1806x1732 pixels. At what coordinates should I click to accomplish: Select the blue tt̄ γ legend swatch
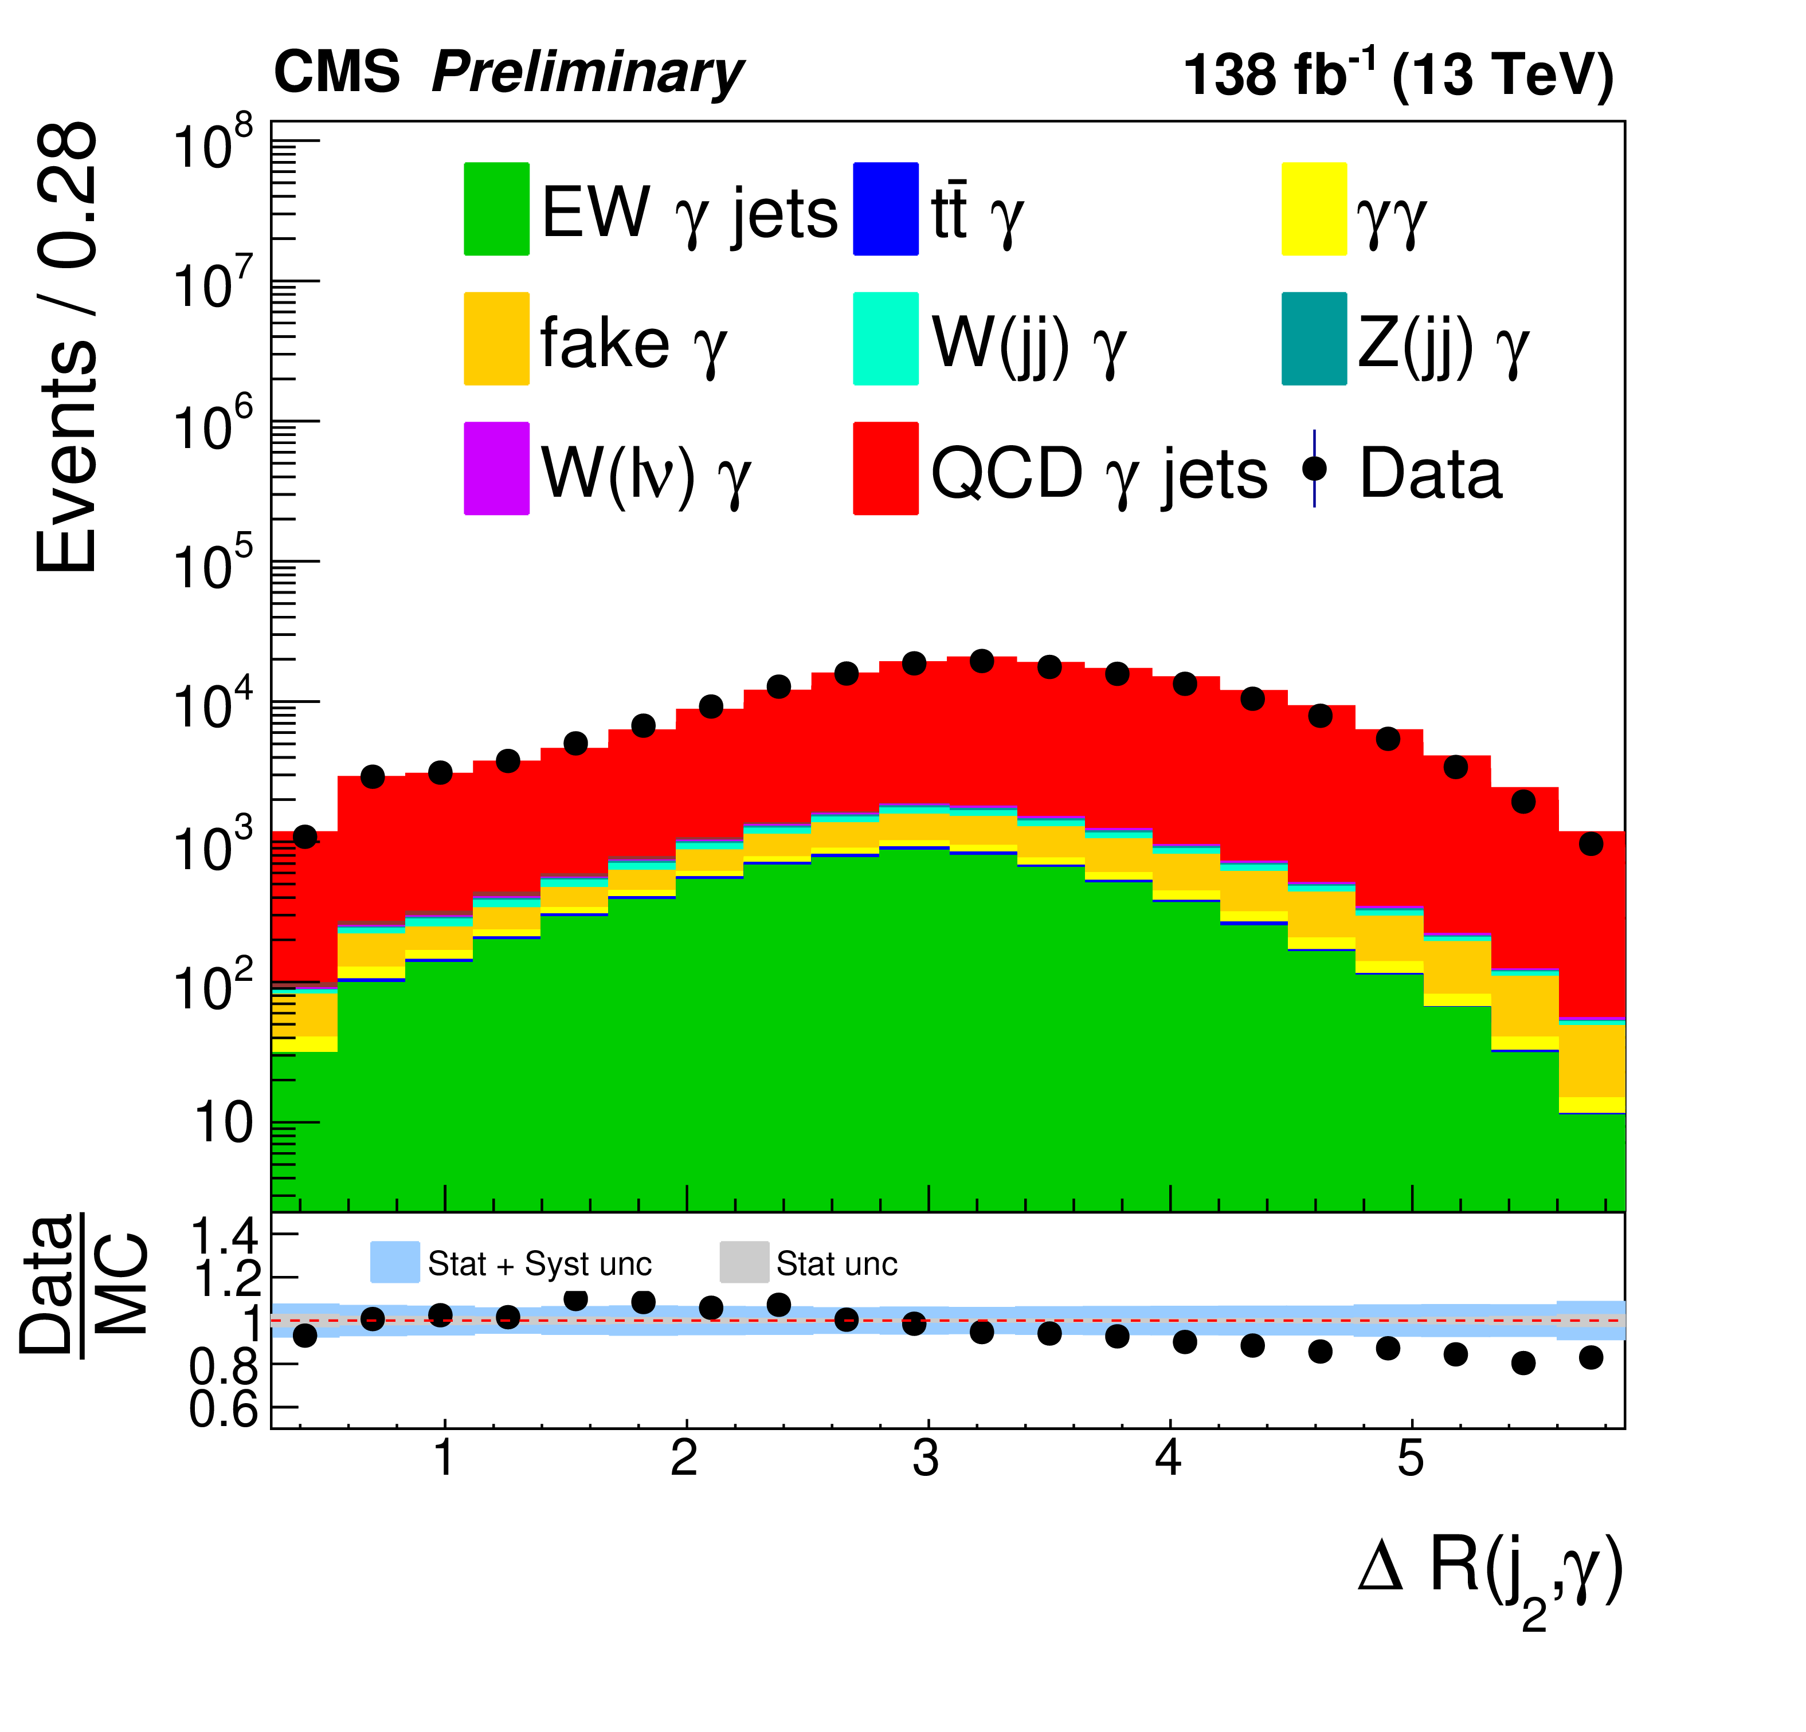coord(886,209)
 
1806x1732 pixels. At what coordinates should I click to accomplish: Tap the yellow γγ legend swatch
coord(1314,209)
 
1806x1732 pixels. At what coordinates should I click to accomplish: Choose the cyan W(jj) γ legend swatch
coord(886,339)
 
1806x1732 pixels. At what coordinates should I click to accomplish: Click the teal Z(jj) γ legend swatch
coord(1314,339)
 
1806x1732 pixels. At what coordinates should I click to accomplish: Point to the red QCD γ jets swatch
coord(886,469)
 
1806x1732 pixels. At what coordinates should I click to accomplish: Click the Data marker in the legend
coord(1314,469)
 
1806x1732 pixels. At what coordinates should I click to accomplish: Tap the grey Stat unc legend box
coord(743,1262)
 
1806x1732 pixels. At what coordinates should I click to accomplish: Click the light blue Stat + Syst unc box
coord(394,1262)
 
